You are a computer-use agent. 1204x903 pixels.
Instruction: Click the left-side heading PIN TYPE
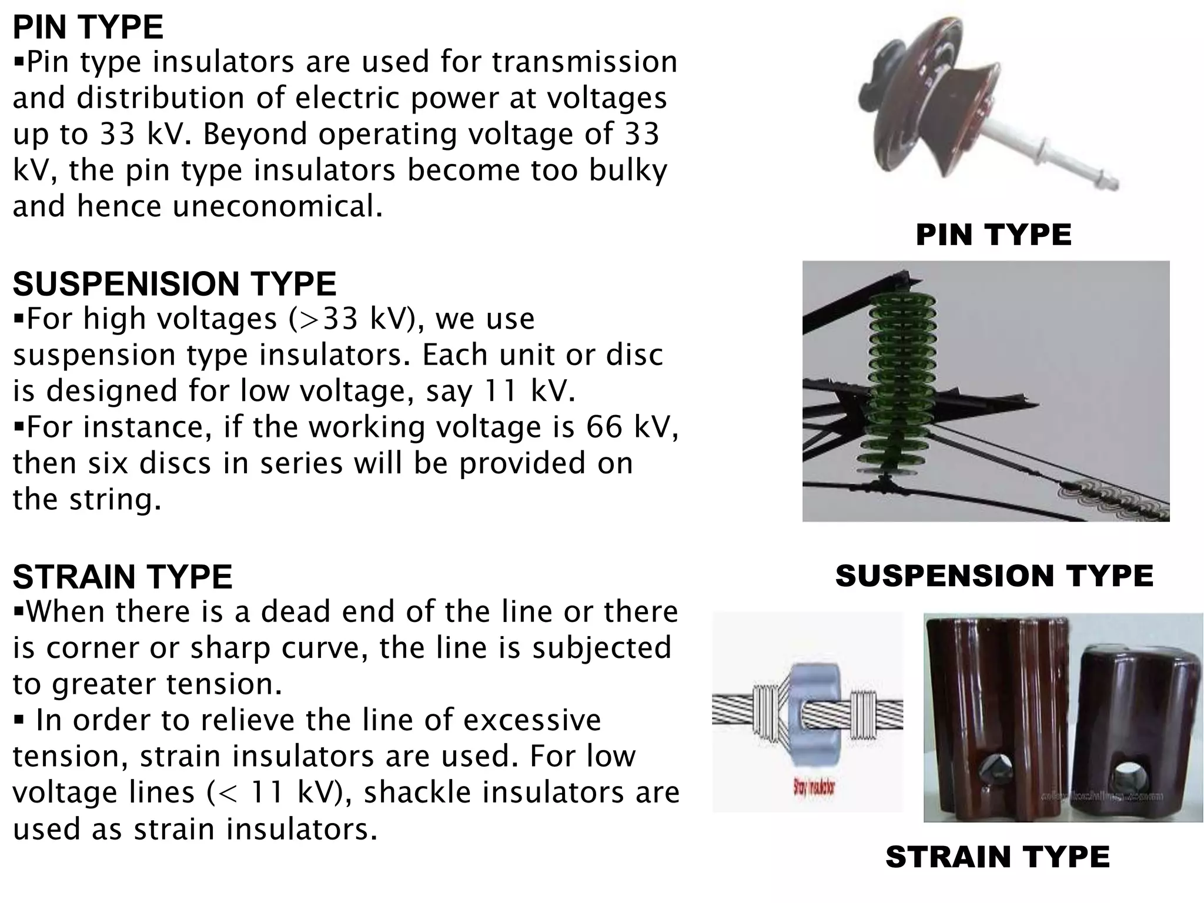[x=88, y=27]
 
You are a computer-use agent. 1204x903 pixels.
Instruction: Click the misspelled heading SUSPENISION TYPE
[x=175, y=284]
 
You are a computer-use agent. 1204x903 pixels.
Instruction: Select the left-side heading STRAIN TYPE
[x=122, y=577]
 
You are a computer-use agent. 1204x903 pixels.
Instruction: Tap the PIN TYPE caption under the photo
[x=994, y=235]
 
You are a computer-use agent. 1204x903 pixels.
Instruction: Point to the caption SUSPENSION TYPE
[x=994, y=576]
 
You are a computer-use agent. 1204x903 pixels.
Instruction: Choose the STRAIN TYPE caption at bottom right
[x=997, y=857]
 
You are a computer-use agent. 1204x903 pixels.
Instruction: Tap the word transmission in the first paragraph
[x=584, y=62]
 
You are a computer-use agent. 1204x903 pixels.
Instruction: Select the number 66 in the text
[x=604, y=427]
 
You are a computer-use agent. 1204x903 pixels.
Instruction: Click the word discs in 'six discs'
[x=175, y=463]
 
